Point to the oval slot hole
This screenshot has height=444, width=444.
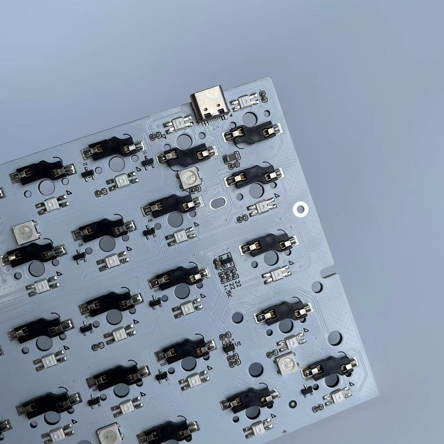[x=218, y=202]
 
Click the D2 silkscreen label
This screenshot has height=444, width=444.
[x=85, y=164]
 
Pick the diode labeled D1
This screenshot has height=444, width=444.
[x=148, y=162]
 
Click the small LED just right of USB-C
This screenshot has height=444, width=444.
[x=245, y=101]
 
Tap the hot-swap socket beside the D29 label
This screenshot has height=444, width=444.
[x=330, y=367]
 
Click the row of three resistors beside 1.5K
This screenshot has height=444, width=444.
[x=228, y=274]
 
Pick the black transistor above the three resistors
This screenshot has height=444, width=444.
[x=225, y=261]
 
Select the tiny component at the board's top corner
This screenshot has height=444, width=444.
[x=263, y=96]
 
